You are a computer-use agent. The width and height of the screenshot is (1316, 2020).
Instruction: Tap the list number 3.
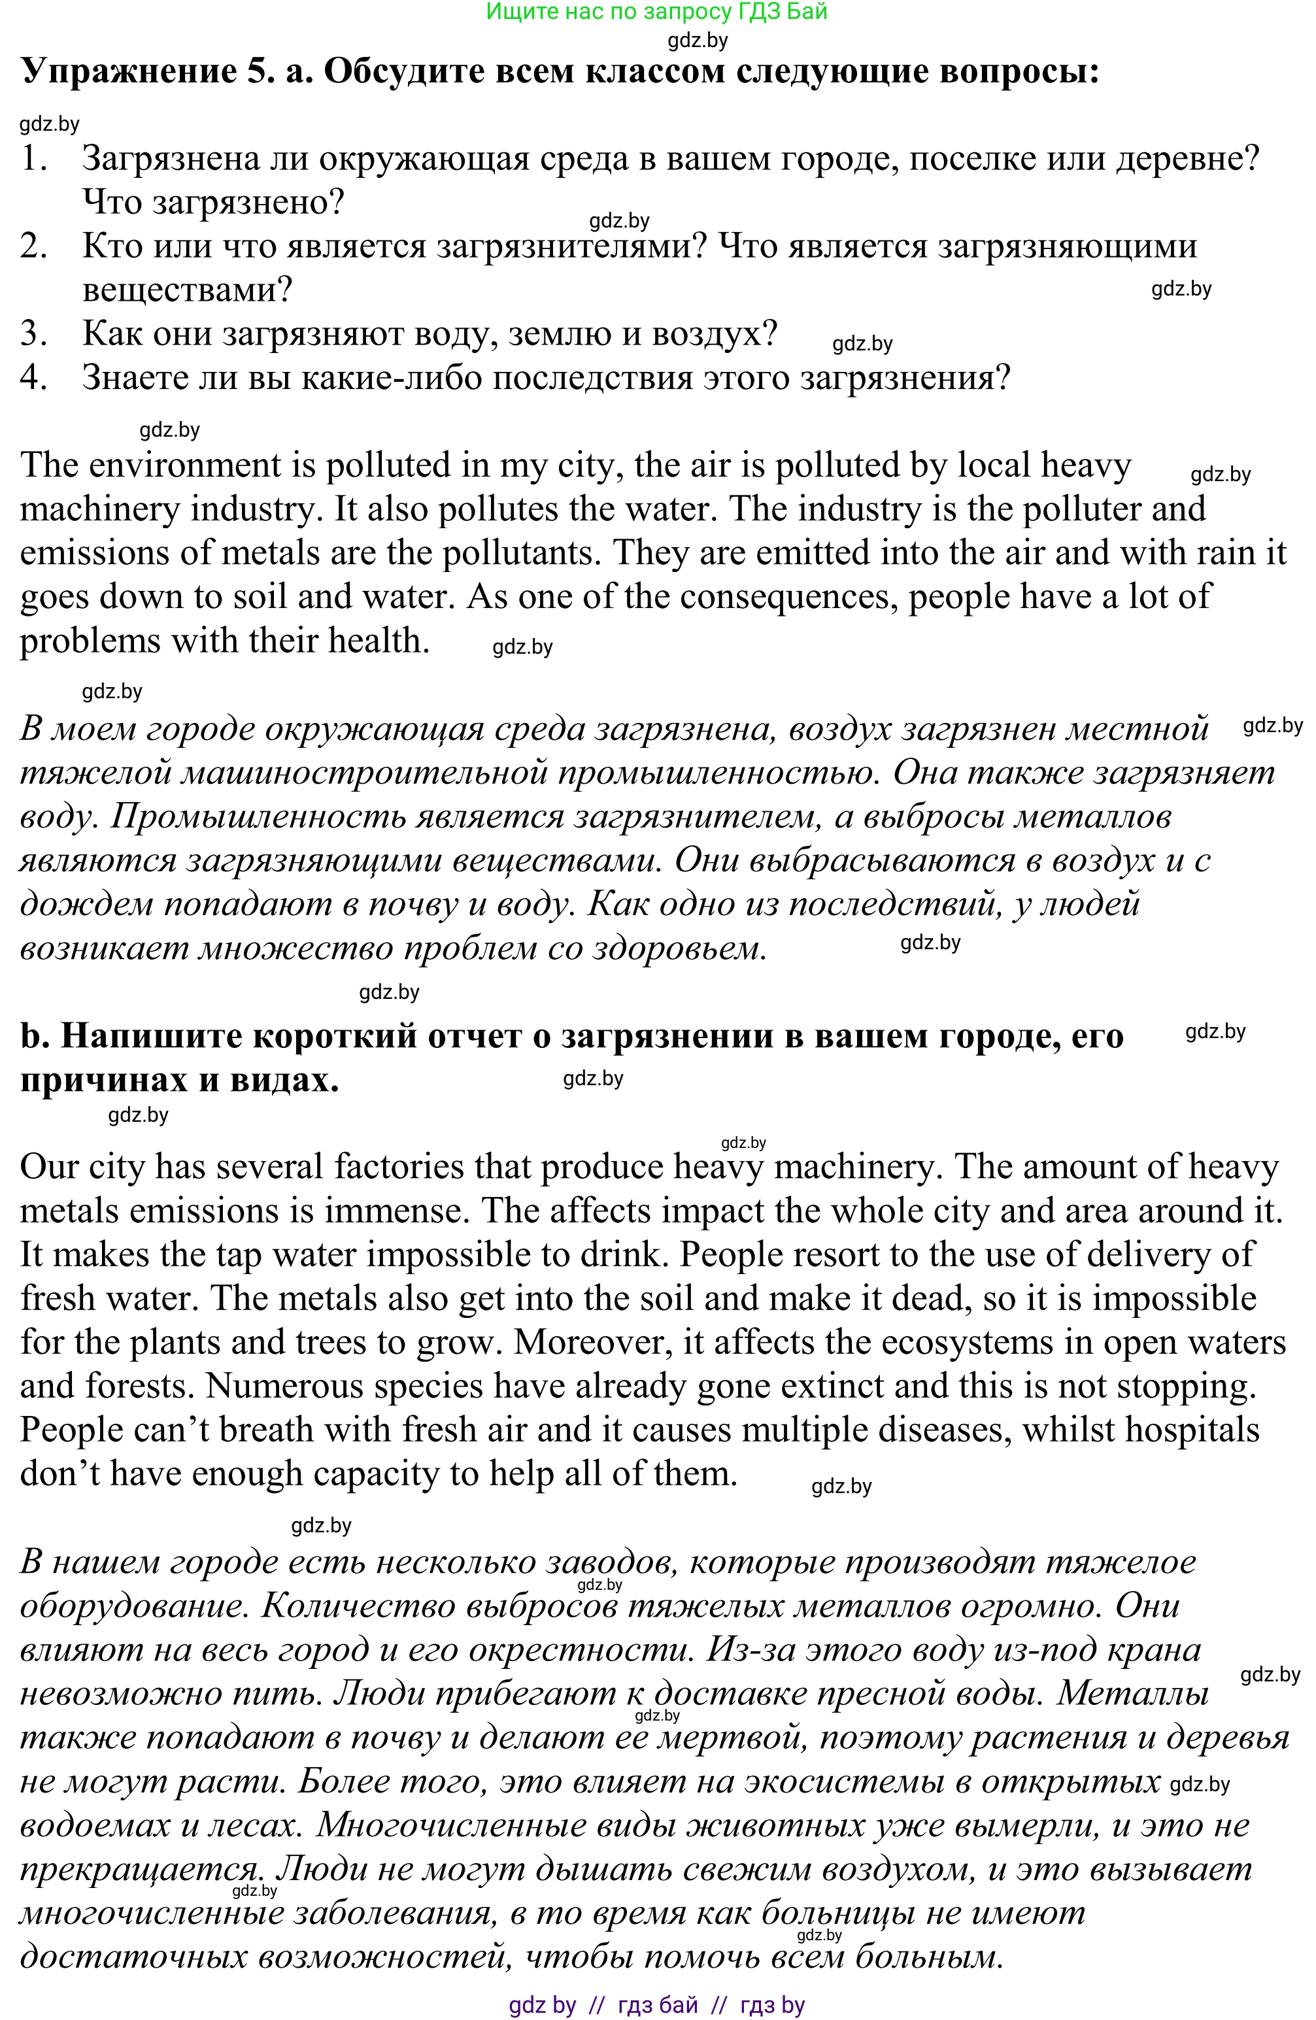33,333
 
